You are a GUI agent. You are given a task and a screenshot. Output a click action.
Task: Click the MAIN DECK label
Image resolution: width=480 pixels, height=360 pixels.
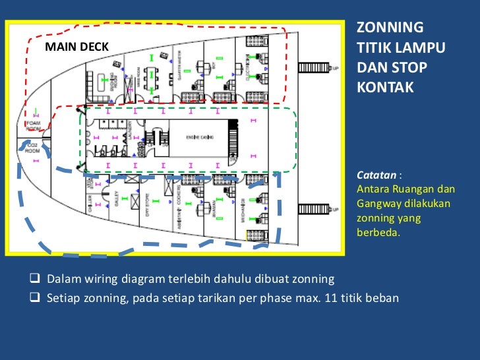[x=76, y=46]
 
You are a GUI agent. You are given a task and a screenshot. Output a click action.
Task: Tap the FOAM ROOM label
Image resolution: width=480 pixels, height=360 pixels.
[x=32, y=125]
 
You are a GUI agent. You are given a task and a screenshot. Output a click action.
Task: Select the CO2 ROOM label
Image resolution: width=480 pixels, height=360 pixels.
[x=32, y=148]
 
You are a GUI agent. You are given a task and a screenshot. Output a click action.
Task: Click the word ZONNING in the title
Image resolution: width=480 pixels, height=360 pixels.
[x=390, y=27]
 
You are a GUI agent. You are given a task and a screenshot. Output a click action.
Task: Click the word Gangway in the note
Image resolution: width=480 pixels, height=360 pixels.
[x=378, y=203]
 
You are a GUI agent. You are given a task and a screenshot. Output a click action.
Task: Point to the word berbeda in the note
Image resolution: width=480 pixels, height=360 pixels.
[x=378, y=231]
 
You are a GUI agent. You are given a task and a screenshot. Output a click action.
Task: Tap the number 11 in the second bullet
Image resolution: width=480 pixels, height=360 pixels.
[x=331, y=297]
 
